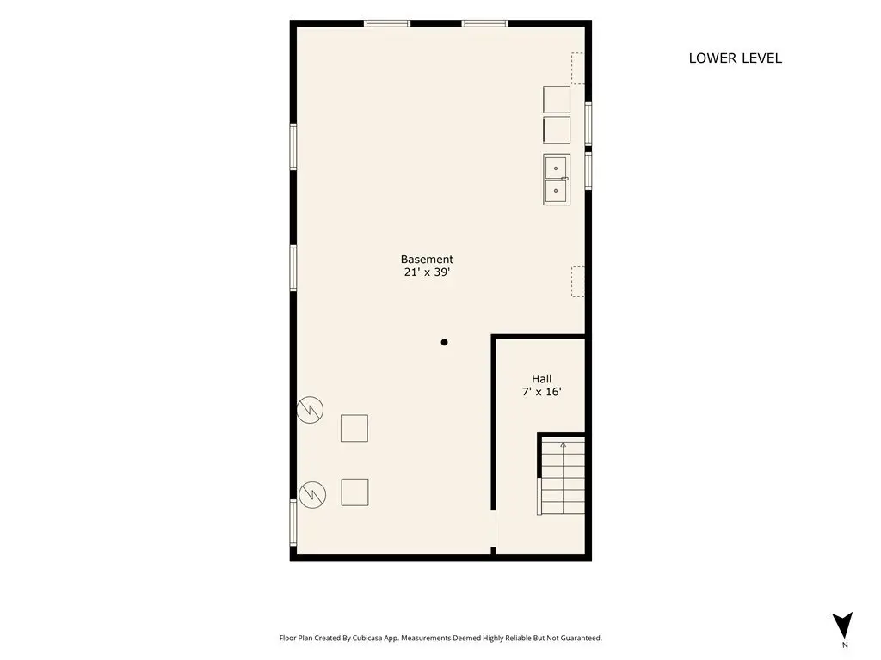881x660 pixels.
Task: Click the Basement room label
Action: (x=427, y=260)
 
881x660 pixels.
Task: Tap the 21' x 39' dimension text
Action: (x=427, y=272)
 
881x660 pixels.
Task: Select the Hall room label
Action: (x=542, y=379)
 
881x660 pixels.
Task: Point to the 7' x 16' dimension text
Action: (x=542, y=392)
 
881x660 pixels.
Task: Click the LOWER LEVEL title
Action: (x=735, y=58)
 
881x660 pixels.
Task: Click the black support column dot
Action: (x=445, y=342)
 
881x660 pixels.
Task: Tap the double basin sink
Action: (x=557, y=179)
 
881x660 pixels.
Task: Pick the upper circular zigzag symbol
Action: (x=310, y=410)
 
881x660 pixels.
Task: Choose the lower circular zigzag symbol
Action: (x=312, y=495)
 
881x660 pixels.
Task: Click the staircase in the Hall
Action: (x=562, y=476)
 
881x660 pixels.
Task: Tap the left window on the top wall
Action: (x=386, y=23)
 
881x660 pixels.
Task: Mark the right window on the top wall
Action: (x=485, y=23)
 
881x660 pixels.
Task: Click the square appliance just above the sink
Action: (x=557, y=131)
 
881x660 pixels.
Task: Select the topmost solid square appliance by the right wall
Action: (x=557, y=100)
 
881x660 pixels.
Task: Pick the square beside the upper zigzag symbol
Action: (x=354, y=428)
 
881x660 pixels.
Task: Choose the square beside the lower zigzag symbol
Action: (x=354, y=492)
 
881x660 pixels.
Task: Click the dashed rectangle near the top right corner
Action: (x=578, y=69)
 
